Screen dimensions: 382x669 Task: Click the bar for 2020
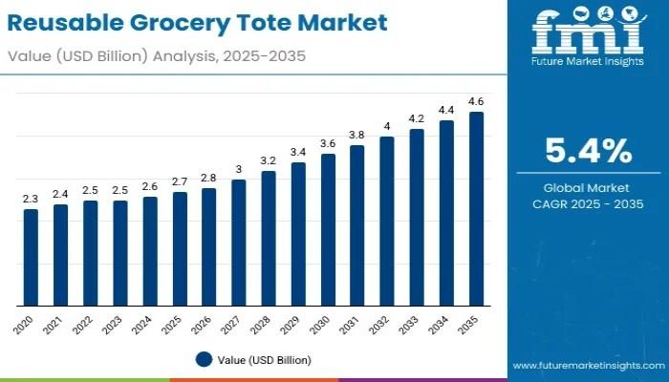tap(31, 257)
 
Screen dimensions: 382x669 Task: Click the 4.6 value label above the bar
tap(475, 101)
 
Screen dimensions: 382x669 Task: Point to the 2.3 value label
tap(31, 199)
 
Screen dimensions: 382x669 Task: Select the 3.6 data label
tap(327, 143)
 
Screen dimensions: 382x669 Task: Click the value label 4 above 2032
tap(386, 126)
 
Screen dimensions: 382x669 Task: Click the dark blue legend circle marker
tap(203, 360)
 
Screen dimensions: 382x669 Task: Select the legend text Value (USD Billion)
tap(263, 360)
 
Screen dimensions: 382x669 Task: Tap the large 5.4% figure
tap(588, 151)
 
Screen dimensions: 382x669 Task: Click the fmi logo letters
tap(586, 35)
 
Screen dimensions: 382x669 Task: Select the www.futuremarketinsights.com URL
tap(586, 365)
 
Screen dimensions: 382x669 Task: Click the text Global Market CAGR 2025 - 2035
tap(588, 197)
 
